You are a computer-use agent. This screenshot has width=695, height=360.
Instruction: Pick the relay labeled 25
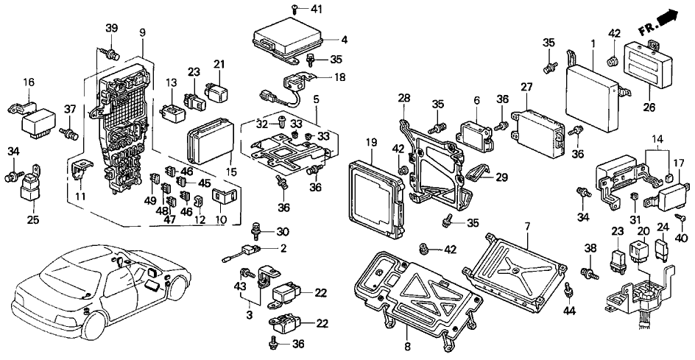tap(32, 187)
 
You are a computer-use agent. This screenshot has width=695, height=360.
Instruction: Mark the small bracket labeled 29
tap(479, 174)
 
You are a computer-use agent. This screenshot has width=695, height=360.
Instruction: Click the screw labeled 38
tap(590, 273)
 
